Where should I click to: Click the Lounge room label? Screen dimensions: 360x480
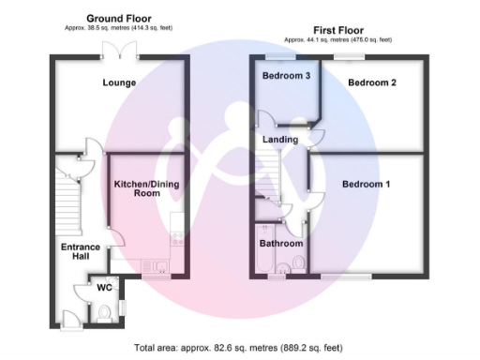point(119,82)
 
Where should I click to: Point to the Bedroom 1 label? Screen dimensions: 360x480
point(366,184)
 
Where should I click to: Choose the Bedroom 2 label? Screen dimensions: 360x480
point(372,82)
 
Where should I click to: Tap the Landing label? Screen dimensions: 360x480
point(280,140)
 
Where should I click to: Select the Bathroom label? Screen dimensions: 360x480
point(278,243)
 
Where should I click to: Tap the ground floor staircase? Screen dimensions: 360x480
point(66,202)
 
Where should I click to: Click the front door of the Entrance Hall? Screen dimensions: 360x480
point(66,317)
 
